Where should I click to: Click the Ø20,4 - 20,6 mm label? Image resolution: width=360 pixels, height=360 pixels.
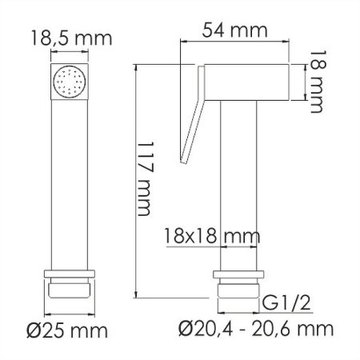click(254, 328)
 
